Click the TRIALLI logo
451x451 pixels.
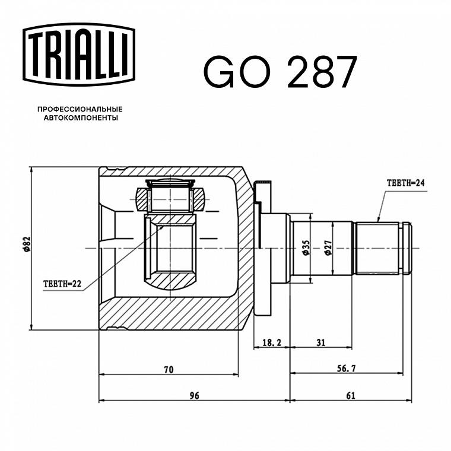[79, 55]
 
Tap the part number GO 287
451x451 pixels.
[281, 72]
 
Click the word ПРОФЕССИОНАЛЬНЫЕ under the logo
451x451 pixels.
[80, 109]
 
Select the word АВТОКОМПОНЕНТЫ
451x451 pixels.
[81, 118]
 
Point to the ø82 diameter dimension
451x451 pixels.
[27, 244]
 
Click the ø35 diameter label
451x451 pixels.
[306, 247]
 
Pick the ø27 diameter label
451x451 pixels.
[328, 247]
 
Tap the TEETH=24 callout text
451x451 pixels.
[405, 183]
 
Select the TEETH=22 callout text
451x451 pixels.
[62, 284]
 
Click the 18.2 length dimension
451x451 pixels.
[272, 342]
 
